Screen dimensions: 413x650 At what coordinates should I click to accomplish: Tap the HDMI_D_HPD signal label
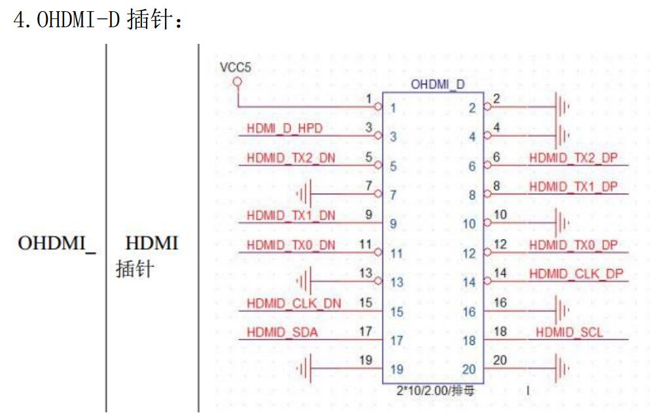[x=285, y=128]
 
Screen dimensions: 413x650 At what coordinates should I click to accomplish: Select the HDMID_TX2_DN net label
[x=291, y=158]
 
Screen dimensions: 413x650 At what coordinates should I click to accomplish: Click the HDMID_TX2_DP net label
[x=573, y=158]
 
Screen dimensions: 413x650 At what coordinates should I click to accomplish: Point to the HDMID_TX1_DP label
[x=573, y=187]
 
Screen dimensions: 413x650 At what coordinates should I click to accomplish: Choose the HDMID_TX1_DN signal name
[x=291, y=215]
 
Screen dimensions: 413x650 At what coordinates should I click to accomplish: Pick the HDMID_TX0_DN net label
[x=291, y=245]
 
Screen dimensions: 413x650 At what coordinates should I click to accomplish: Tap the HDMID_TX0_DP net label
[x=573, y=245]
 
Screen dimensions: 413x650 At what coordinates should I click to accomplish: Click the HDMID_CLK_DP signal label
[x=575, y=274]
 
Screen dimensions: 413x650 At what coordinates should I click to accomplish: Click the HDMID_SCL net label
[x=569, y=332]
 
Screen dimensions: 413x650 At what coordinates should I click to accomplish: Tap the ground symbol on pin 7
[x=304, y=194]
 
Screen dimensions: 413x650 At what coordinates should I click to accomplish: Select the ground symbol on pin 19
[x=304, y=368]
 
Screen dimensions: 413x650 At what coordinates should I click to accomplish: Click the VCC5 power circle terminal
[x=238, y=82]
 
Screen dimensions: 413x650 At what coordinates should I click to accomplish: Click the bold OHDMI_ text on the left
[x=58, y=243]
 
